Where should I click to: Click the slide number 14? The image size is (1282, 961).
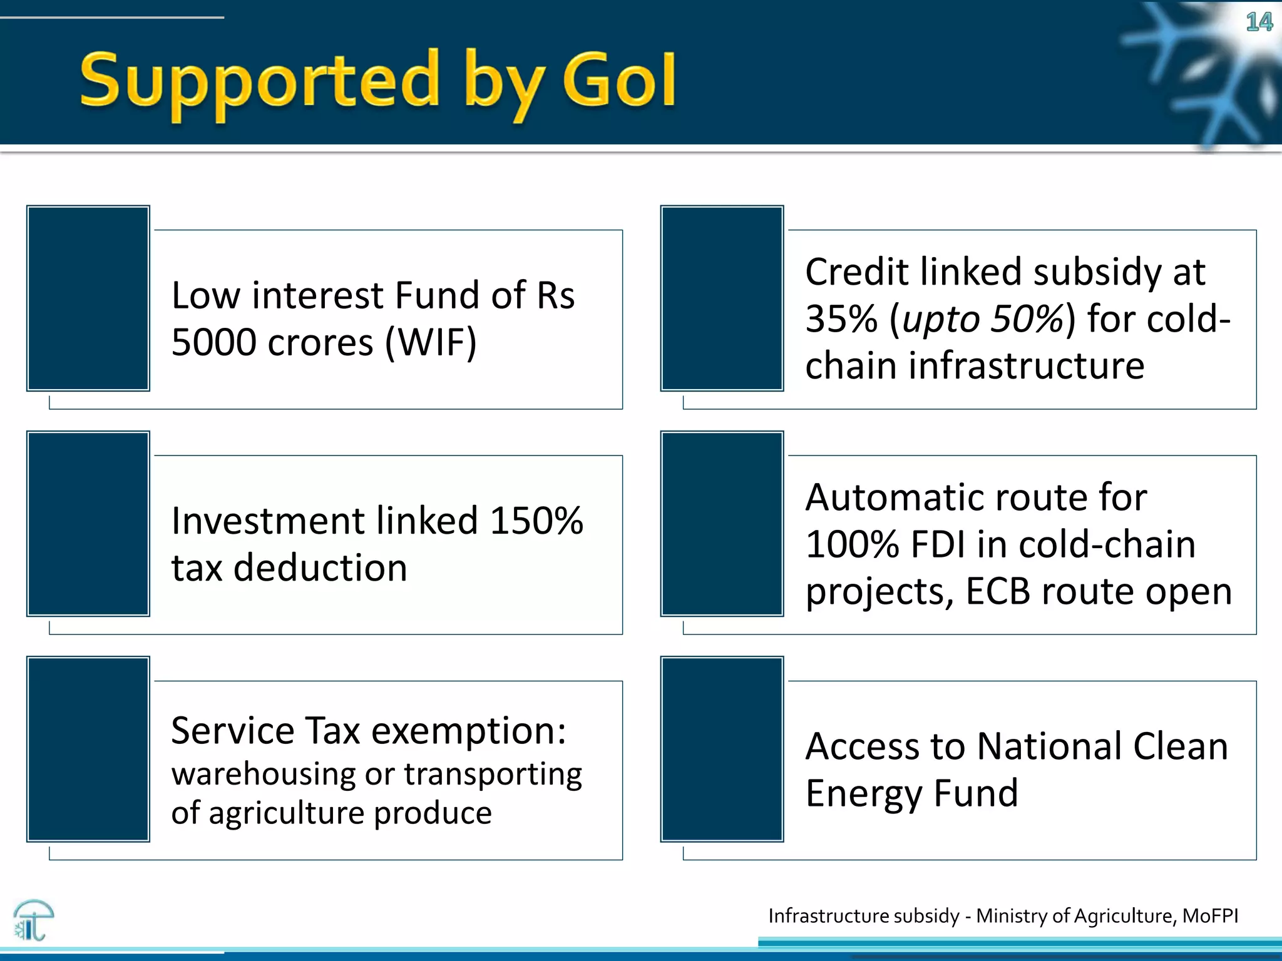pyautogui.click(x=1258, y=23)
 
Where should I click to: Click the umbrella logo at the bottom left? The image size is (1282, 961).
pyautogui.click(x=33, y=920)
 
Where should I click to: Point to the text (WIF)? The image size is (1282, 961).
pyautogui.click(x=431, y=342)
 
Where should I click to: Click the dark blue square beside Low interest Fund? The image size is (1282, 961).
pyautogui.click(x=88, y=298)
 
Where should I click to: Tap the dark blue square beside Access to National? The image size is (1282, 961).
pyautogui.click(x=722, y=749)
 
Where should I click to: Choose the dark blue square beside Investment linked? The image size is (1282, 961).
pyautogui.click(x=88, y=524)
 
